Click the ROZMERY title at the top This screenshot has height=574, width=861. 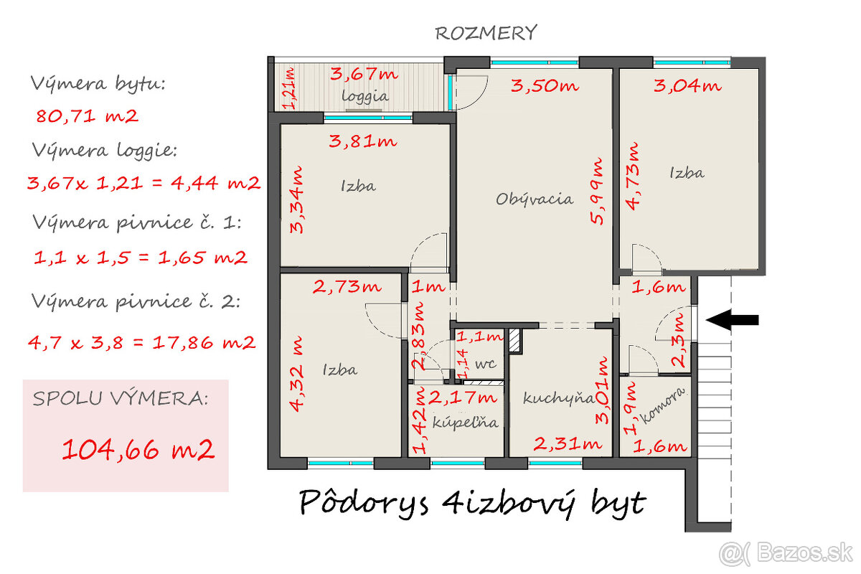[x=486, y=33]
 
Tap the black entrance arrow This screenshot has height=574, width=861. [x=732, y=320]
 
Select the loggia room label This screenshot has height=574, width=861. [x=365, y=95]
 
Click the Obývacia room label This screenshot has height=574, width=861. [x=535, y=199]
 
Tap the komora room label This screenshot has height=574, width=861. [x=663, y=409]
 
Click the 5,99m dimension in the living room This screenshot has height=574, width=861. [x=598, y=192]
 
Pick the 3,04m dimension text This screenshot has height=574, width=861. [x=687, y=86]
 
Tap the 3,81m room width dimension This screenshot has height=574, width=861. [x=362, y=141]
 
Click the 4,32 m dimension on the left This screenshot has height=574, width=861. [x=296, y=370]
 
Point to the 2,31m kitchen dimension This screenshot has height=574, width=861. [x=566, y=444]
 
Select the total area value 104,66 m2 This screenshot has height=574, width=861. [x=138, y=450]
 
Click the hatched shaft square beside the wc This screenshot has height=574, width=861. [x=514, y=342]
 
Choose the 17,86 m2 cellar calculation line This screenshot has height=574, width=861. [x=141, y=342]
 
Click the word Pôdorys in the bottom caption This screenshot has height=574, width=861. [x=362, y=503]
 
